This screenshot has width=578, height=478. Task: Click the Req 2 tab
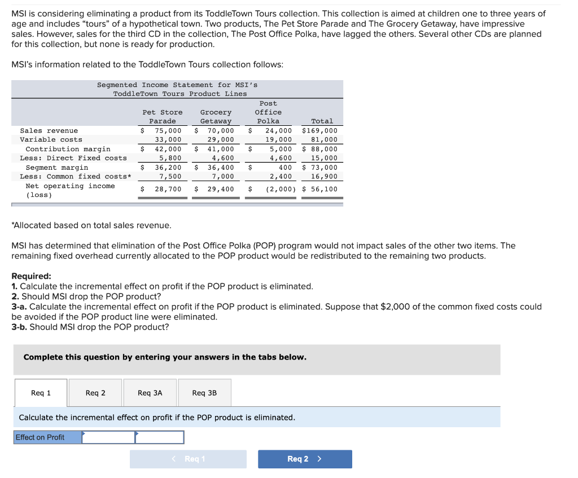[x=95, y=393]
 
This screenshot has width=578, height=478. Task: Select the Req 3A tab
[x=150, y=393]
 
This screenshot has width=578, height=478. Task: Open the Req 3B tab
[x=204, y=393]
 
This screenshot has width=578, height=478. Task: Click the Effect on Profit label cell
[x=48, y=437]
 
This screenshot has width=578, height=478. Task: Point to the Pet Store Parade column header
[x=162, y=117]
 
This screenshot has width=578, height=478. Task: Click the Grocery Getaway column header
[x=216, y=117]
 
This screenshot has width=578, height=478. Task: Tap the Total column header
[x=322, y=121]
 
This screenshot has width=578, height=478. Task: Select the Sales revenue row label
[x=49, y=130]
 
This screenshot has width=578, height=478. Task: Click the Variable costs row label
[x=51, y=139]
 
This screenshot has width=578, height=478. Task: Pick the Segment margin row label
[x=57, y=168]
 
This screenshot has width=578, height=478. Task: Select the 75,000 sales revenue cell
[x=168, y=130]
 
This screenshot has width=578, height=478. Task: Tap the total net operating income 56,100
[x=323, y=189]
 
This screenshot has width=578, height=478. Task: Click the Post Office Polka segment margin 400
[x=285, y=168]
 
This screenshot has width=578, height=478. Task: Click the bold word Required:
[x=31, y=276]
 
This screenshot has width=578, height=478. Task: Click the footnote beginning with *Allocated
[x=91, y=225]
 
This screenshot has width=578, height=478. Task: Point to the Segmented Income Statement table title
[x=177, y=89]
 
